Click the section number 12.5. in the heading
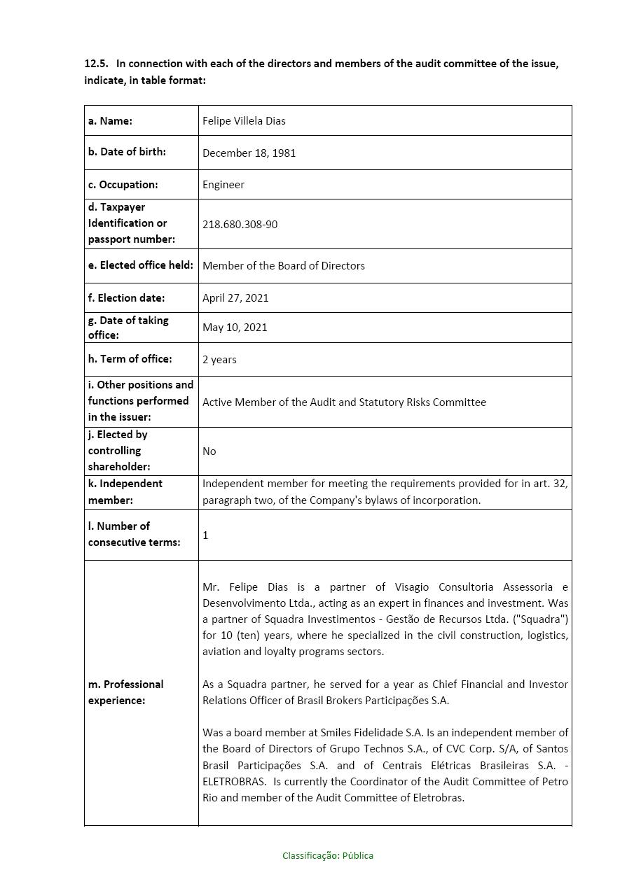click(x=96, y=64)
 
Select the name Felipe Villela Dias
click(x=244, y=121)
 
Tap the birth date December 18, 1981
click(x=249, y=153)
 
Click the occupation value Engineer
click(x=223, y=185)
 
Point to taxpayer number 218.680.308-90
click(x=240, y=225)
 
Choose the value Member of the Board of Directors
click(x=283, y=266)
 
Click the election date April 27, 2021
click(x=235, y=298)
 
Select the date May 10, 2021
click(x=235, y=328)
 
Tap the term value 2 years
click(x=219, y=360)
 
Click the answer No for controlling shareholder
click(x=209, y=451)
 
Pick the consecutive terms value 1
click(x=205, y=535)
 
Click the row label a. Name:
click(x=110, y=121)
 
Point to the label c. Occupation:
click(x=123, y=185)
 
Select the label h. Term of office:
click(x=130, y=359)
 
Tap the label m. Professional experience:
click(x=126, y=692)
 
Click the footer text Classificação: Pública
click(x=328, y=855)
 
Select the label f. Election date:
click(x=126, y=298)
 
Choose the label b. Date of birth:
click(x=127, y=152)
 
